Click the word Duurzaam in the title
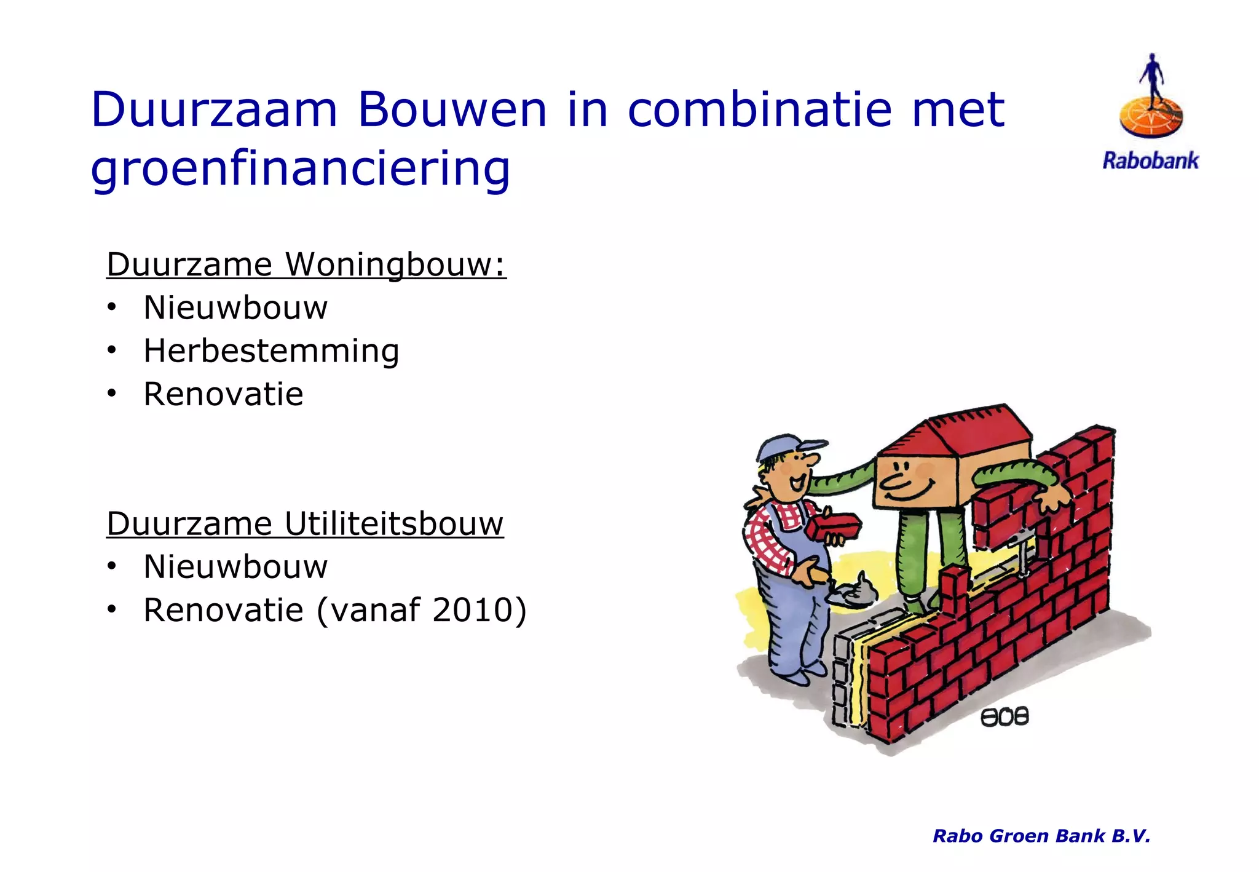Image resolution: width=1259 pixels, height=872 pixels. coord(214,109)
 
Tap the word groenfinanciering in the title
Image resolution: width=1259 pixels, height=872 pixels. coord(300,168)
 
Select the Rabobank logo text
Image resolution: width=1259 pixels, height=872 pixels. coord(1150,161)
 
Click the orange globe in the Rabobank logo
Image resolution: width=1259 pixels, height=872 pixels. coord(1151,117)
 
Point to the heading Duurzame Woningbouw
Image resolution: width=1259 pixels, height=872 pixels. coord(306,264)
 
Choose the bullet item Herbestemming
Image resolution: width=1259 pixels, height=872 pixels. coord(271,351)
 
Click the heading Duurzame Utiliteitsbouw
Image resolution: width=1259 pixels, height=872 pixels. coord(305,524)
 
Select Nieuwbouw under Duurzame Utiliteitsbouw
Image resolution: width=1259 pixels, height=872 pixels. coord(235,566)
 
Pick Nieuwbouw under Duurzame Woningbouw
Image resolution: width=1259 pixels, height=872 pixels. coord(235,307)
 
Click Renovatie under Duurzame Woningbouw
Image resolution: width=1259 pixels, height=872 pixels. coord(223,394)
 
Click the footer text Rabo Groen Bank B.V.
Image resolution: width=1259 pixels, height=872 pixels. coord(1041,836)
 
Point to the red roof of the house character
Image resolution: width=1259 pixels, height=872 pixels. coord(959,434)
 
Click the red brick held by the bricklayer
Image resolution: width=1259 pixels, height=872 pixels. coord(834,526)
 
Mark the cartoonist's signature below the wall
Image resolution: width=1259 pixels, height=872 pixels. coord(1004,716)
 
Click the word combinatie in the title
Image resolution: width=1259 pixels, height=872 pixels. coord(759,109)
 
